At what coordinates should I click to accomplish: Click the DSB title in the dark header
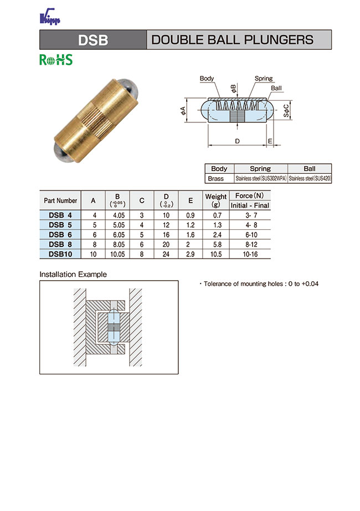tap(92, 40)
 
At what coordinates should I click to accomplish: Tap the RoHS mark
tap(55, 60)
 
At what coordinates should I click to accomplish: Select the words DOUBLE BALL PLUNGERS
tap(232, 40)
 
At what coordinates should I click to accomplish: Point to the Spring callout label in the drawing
tap(264, 79)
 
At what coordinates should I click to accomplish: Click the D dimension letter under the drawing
tap(237, 141)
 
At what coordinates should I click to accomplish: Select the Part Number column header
tap(60, 200)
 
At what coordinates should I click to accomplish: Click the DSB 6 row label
tap(60, 234)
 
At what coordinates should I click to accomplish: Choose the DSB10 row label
tap(60, 254)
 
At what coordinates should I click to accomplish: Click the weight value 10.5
tap(216, 254)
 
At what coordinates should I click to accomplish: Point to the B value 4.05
tap(117, 215)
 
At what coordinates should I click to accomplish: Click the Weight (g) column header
tap(216, 200)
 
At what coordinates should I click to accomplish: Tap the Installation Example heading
tap(73, 274)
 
